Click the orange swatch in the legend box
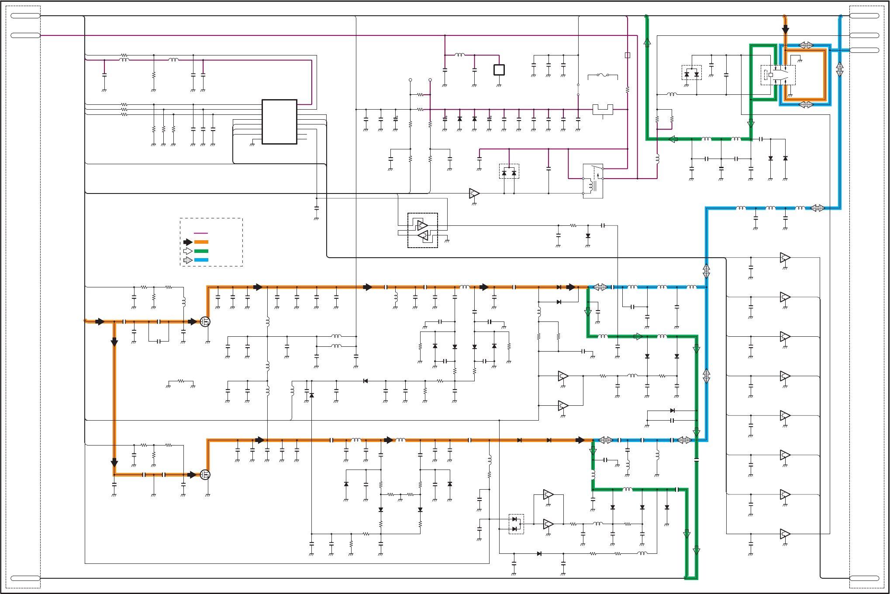(201, 242)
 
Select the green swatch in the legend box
(201, 251)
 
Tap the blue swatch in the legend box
(201, 260)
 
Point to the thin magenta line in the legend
(201, 233)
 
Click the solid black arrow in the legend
(188, 242)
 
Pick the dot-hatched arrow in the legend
(188, 260)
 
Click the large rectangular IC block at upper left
(279, 121)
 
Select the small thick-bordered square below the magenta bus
(499, 70)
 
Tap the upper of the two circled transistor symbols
(205, 322)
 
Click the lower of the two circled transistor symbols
(205, 474)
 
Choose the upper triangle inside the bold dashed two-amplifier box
(422, 225)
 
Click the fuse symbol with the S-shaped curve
(603, 75)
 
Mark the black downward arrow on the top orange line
(785, 30)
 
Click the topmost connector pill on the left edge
(25, 16)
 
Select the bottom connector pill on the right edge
(864, 578)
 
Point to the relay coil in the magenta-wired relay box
(590, 186)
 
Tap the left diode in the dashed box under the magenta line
(504, 173)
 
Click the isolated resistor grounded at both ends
(181, 381)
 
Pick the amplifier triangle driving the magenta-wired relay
(474, 193)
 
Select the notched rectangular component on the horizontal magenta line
(603, 109)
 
